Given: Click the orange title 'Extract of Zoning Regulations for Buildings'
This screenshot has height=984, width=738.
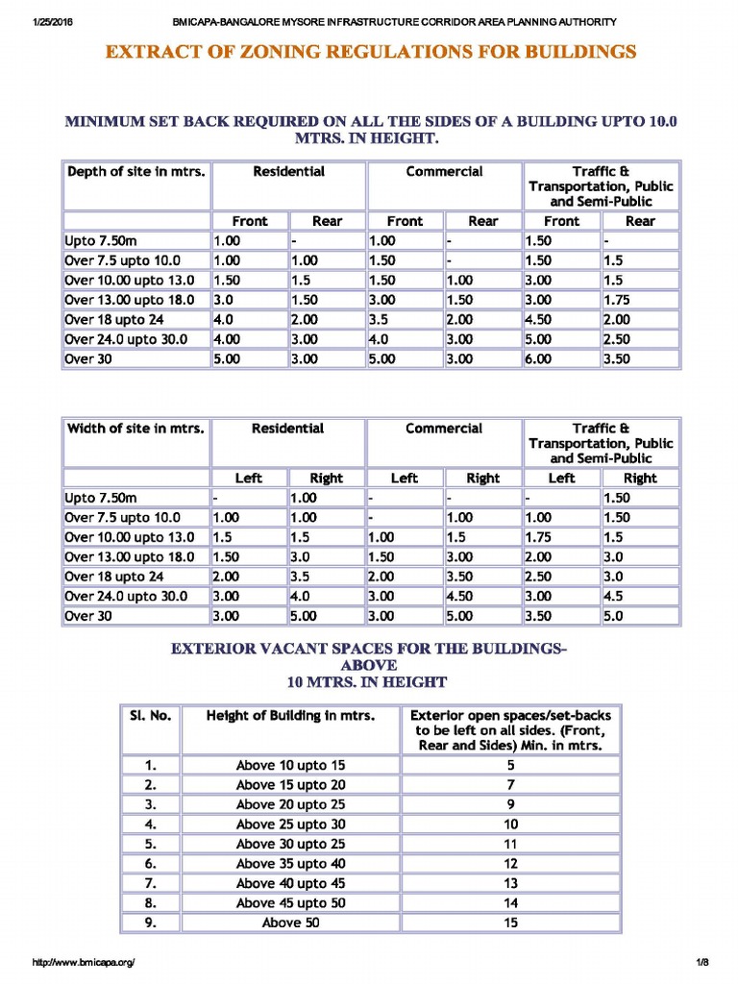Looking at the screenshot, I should click(370, 52).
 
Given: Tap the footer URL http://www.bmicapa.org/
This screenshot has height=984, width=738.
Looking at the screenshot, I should click(84, 962).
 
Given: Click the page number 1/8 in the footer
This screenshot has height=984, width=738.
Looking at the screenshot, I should click(701, 962).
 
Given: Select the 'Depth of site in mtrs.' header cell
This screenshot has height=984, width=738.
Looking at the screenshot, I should click(135, 172).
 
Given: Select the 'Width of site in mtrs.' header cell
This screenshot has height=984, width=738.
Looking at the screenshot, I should click(135, 429).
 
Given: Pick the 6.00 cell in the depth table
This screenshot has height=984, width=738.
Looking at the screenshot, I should click(538, 358).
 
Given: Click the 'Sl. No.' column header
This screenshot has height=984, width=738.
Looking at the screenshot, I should click(150, 716).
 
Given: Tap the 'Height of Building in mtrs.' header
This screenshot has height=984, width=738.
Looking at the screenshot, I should click(290, 716).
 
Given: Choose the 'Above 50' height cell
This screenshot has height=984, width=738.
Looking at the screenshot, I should click(290, 922).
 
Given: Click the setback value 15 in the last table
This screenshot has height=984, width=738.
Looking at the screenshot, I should click(510, 922).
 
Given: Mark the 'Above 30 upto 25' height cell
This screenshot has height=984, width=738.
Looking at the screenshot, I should click(290, 844).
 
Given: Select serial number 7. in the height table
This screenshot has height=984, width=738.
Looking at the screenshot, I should click(150, 883).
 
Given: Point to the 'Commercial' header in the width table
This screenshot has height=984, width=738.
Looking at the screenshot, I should click(444, 429).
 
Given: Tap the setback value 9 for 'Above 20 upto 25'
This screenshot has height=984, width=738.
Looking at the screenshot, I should click(510, 804).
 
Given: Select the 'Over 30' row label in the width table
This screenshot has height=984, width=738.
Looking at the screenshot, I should click(88, 615).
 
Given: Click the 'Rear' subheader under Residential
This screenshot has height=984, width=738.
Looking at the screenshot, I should click(327, 221).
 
